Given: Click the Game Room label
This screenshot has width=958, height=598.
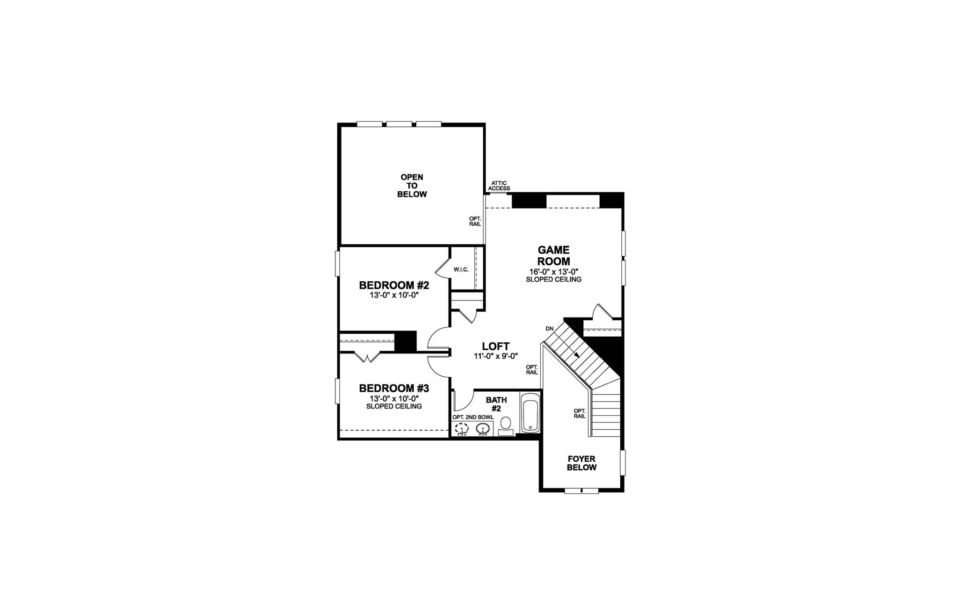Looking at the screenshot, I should (x=553, y=256).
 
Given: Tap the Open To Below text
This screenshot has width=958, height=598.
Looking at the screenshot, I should (x=412, y=186).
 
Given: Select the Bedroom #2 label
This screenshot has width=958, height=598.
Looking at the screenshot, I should (x=394, y=285).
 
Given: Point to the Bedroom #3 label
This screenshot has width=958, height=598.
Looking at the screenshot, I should (x=394, y=388).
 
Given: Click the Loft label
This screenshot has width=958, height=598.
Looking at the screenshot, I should (x=495, y=346).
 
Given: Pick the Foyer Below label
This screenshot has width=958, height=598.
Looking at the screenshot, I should (x=581, y=463).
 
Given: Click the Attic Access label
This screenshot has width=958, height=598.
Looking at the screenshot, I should (x=499, y=186).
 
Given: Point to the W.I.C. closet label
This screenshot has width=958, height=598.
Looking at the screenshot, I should (x=461, y=270).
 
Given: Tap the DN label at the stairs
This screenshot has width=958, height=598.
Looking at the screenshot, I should (x=549, y=329).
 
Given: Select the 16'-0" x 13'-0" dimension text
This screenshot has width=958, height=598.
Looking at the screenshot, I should (x=553, y=272).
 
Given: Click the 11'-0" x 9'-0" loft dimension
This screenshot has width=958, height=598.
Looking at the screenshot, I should (x=495, y=355).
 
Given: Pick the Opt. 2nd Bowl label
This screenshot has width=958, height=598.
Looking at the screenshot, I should (x=472, y=417).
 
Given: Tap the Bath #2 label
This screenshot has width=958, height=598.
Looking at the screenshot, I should (x=496, y=404).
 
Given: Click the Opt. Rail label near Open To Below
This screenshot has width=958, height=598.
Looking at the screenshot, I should (x=475, y=221).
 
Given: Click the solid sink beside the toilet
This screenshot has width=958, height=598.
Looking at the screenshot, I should (x=483, y=429).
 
